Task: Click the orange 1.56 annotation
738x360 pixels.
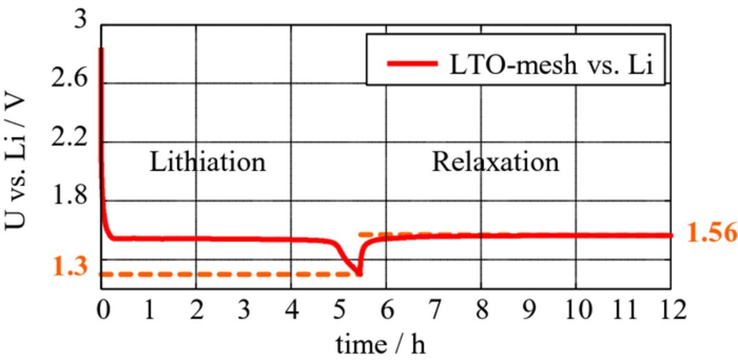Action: (712, 232)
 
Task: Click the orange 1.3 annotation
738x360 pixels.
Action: (70, 267)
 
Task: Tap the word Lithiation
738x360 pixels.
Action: (208, 162)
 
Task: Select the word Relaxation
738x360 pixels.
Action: (495, 162)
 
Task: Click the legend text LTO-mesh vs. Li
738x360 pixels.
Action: (551, 64)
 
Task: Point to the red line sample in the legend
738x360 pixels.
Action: (412, 63)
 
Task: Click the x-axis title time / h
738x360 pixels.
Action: (381, 344)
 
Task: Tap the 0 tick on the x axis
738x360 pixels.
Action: (103, 310)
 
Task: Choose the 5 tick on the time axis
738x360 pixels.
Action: (339, 310)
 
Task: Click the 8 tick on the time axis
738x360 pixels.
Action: (481, 310)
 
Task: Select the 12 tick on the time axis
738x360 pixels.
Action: (670, 310)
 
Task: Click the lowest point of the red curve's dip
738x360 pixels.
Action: (359, 273)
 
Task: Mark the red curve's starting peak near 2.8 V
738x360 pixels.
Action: (101, 50)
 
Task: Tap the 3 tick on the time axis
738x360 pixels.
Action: (244, 310)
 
